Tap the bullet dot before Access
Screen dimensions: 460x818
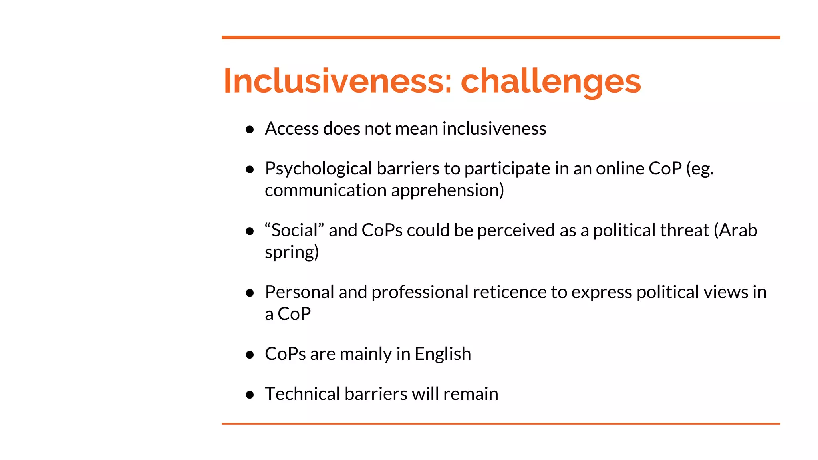pos(250,129)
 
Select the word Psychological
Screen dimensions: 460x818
pos(318,169)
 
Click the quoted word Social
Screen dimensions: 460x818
pos(294,230)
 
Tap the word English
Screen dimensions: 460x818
pos(443,354)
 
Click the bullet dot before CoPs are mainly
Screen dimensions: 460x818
pos(250,355)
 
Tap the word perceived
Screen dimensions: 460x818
pos(516,230)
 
